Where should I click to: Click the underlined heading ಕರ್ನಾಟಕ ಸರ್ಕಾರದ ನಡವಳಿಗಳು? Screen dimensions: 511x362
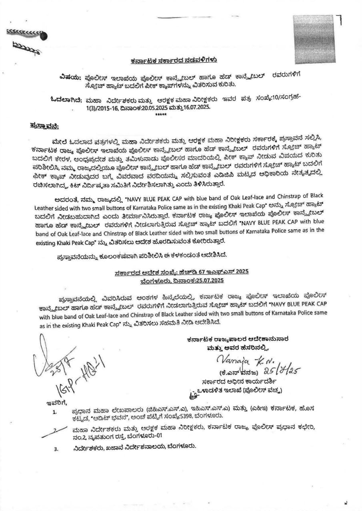click(x=174, y=61)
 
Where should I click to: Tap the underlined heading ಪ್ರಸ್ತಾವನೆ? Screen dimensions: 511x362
click(x=44, y=127)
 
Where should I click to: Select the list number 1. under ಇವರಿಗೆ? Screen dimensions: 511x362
click(x=54, y=412)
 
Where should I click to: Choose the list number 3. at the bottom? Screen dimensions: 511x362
click(x=56, y=449)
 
